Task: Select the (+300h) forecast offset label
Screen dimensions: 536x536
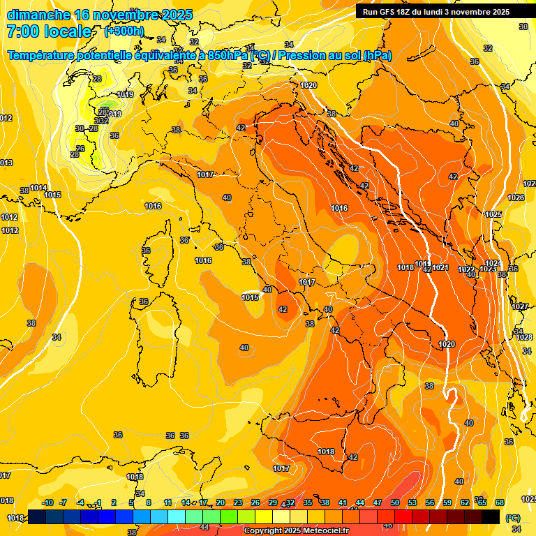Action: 124,31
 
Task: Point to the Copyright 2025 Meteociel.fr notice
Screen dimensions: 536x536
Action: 296,531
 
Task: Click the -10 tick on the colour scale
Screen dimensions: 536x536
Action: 47,503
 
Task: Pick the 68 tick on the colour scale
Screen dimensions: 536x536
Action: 500,503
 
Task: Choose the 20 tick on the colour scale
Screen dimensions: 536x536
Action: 221,503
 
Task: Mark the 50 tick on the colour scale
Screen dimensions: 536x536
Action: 395,503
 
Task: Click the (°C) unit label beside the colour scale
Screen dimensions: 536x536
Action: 512,518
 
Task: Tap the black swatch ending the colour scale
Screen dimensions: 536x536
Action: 491,517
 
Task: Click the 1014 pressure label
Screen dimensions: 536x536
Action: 38,188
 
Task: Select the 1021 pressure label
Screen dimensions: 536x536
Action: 440,268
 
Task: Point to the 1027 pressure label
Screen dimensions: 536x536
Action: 520,307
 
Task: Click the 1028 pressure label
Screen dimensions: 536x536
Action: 524,338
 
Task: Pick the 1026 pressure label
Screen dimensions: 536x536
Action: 516,198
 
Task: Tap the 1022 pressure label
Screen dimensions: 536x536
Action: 466,270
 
